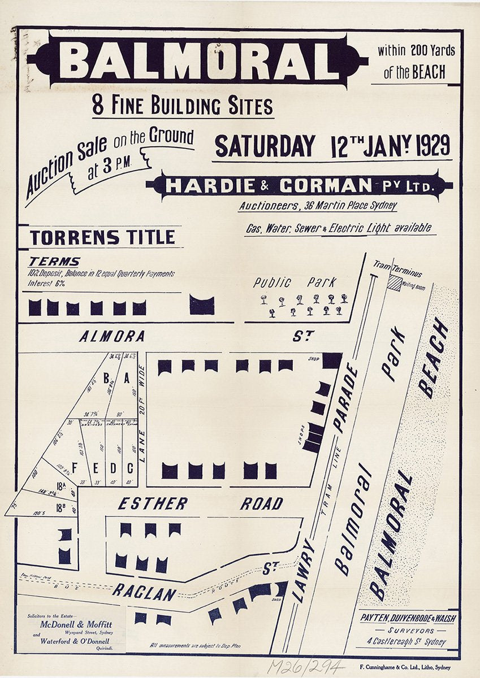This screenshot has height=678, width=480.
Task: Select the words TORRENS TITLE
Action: click(x=102, y=237)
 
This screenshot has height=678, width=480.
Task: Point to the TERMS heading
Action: click(x=54, y=262)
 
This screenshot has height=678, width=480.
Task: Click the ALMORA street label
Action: click(x=112, y=337)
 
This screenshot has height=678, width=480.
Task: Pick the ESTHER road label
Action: click(x=153, y=503)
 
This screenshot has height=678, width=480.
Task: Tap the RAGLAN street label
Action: click(x=144, y=592)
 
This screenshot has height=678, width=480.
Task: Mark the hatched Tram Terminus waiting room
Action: click(x=393, y=283)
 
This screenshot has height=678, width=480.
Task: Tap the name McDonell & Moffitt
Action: click(x=75, y=624)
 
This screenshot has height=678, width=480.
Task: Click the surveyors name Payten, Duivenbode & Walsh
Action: click(x=407, y=618)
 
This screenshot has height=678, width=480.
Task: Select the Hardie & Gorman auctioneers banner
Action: click(x=300, y=185)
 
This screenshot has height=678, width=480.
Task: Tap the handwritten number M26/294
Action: click(x=305, y=667)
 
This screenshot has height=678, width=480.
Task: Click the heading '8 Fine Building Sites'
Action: click(x=183, y=106)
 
